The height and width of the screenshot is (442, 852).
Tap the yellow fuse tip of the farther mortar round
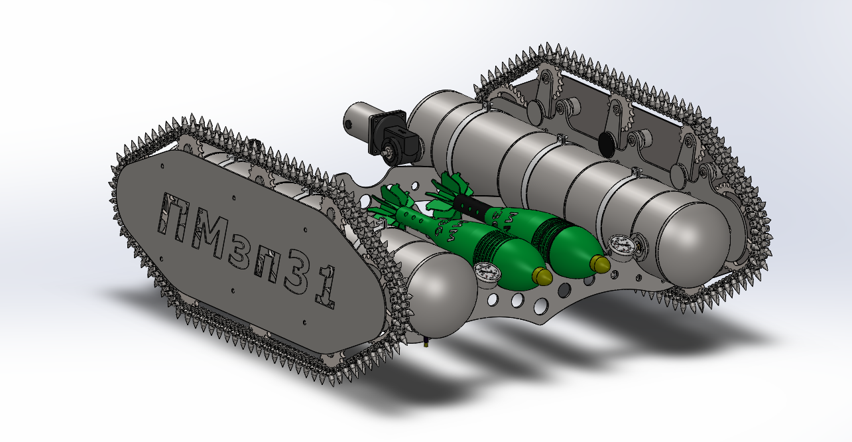pos(600,264)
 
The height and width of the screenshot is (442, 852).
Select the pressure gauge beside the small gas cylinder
pos(487,273)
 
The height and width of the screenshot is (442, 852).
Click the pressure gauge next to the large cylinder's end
pos(622,247)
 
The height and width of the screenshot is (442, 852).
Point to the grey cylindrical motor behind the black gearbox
pos(357,121)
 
